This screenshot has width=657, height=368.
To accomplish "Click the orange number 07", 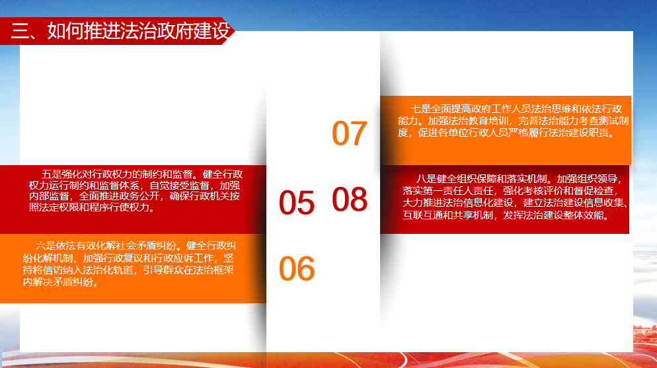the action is pyautogui.click(x=350, y=133).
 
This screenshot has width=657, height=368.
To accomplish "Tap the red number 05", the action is pyautogui.click(x=297, y=203).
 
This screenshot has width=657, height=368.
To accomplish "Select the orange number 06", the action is pyautogui.click(x=297, y=268).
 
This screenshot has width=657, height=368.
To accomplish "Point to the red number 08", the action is pyautogui.click(x=350, y=199).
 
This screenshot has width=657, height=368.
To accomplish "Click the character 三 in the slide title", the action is pyautogui.click(x=20, y=31).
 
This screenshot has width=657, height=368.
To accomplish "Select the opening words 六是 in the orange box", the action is pyautogui.click(x=45, y=246).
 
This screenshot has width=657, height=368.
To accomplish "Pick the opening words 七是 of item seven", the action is pyautogui.click(x=420, y=109).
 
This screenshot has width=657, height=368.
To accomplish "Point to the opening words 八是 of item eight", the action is pyautogui.click(x=426, y=179).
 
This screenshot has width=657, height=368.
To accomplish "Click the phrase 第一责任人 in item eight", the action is pyautogui.click(x=448, y=191).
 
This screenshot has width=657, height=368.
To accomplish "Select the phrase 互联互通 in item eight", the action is pyautogui.click(x=423, y=215).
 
